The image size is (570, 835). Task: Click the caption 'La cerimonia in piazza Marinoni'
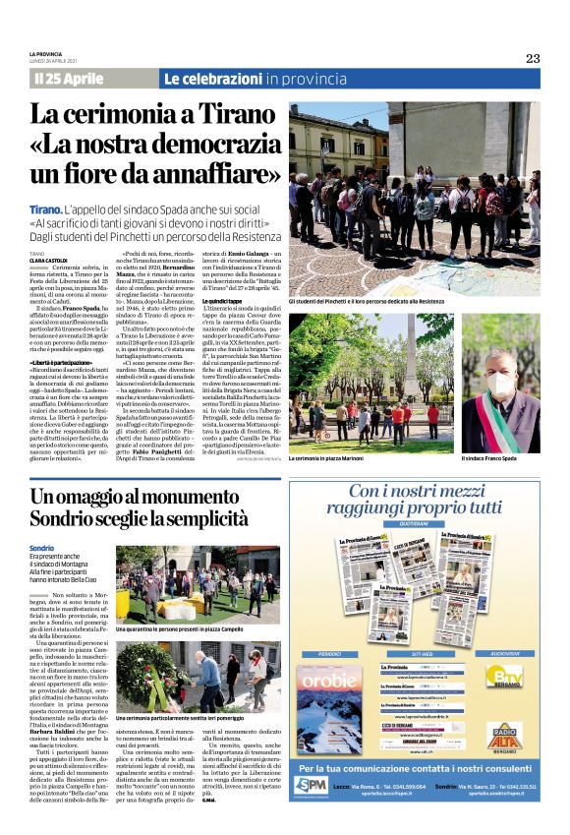point(332,459)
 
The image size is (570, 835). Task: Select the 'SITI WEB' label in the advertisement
point(421,651)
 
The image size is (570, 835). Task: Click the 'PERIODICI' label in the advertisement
point(330,651)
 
